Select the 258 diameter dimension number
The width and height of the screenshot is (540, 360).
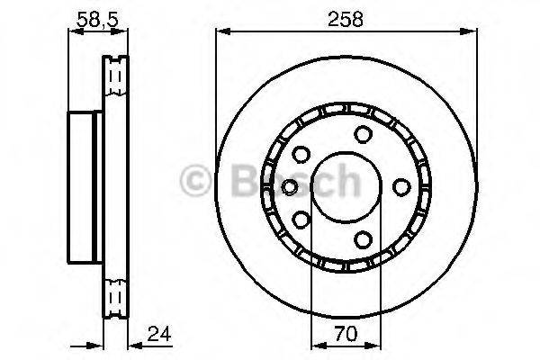(x=345, y=20)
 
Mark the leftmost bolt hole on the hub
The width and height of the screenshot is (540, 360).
(x=290, y=186)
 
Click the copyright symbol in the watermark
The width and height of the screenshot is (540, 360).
(x=194, y=181)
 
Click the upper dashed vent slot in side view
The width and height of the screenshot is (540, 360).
(x=114, y=81)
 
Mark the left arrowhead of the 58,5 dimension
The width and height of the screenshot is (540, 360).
(x=74, y=32)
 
